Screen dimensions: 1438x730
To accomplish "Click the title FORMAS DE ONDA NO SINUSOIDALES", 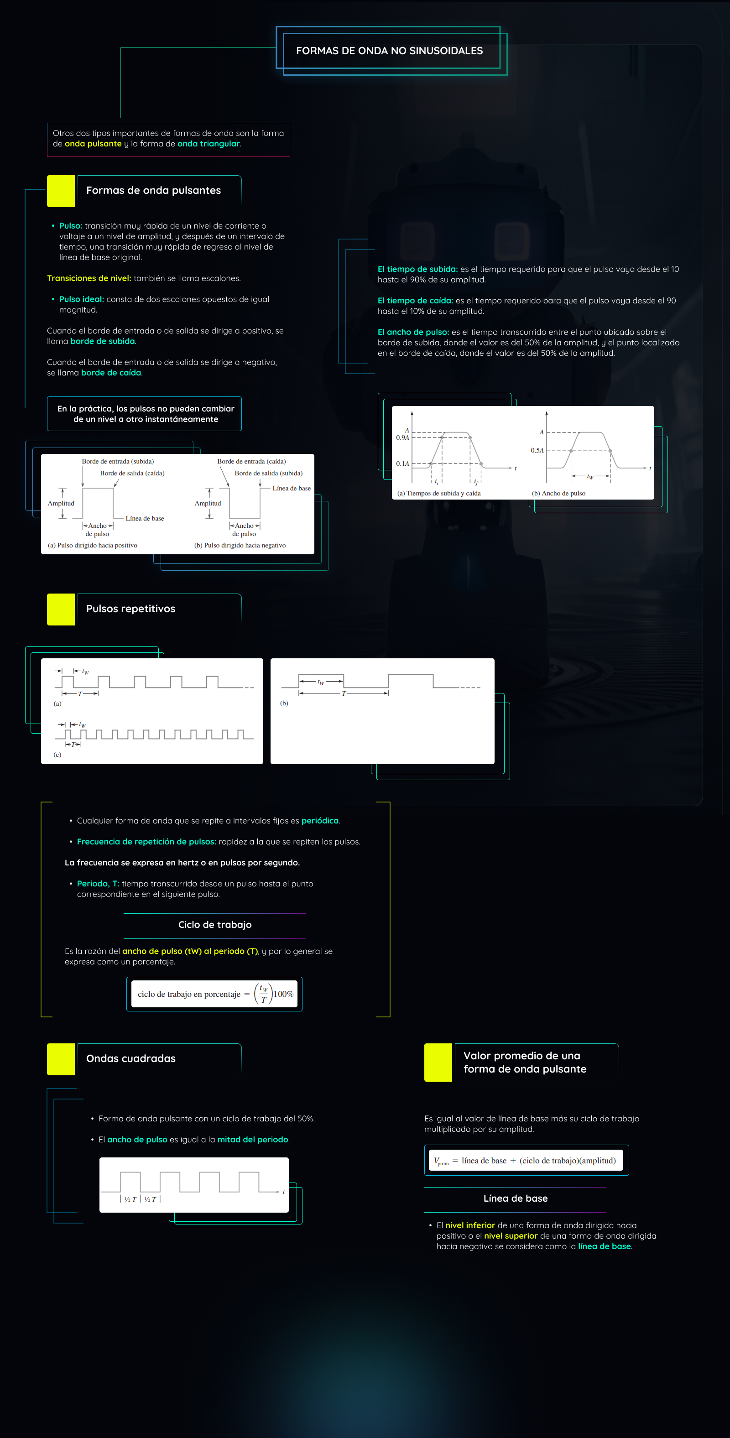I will coord(389,51).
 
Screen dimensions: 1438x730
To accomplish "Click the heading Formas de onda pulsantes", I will coord(153,190).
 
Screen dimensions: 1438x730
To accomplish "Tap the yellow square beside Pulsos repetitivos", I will coord(61,609).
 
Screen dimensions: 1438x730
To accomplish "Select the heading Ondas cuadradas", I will coord(130,1058).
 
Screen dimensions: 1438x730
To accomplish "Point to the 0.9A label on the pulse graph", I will coord(402,438).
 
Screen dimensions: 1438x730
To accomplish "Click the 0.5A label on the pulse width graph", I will coord(537,450).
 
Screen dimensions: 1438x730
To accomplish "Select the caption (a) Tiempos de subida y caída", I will coord(438,494).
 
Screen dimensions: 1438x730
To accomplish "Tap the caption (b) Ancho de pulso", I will coord(558,494).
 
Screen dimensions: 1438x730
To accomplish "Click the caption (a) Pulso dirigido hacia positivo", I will coord(93,545).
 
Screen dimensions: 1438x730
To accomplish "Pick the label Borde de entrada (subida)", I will coord(118,462).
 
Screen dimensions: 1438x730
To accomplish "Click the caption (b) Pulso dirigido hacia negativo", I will coord(240,545).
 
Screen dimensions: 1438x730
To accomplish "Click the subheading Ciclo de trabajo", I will coord(215,925).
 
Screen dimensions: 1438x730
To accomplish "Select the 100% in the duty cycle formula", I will coord(283,994).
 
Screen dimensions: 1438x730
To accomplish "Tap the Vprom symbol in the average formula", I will coord(441,1161).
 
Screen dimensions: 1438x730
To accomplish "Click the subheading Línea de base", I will coord(515,1198).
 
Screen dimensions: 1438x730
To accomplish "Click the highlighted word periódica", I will coord(320,821).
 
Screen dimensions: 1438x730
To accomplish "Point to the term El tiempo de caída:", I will coord(415,301).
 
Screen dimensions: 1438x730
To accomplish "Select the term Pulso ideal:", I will coord(82,299).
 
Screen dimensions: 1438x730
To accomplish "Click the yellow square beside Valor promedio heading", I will coord(438,1063).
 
